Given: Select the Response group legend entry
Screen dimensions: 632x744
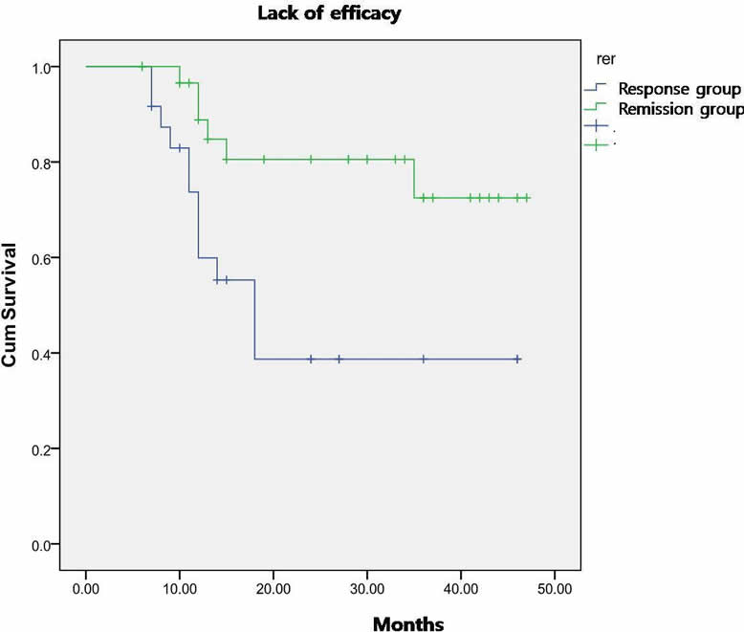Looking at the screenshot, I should [x=679, y=90].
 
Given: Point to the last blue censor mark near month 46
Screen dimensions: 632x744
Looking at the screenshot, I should [x=517, y=359].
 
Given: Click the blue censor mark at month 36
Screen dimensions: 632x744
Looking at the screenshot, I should [x=424, y=359].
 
